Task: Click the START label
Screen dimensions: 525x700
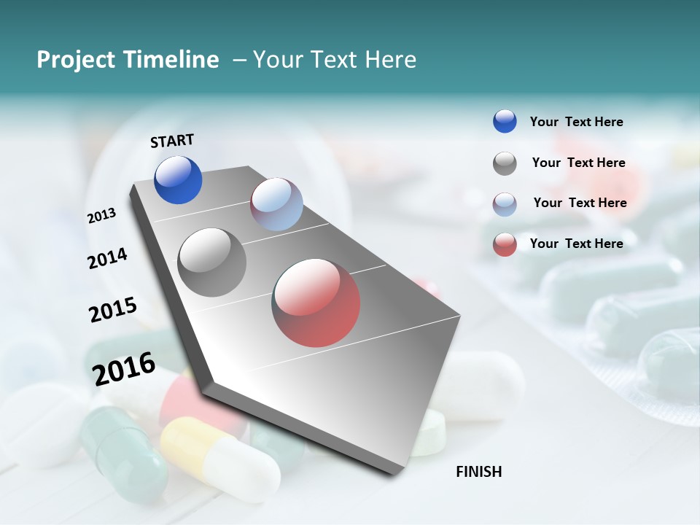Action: pyautogui.click(x=172, y=141)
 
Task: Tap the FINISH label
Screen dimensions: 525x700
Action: pyautogui.click(x=478, y=472)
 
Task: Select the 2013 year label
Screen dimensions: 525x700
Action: pyautogui.click(x=101, y=216)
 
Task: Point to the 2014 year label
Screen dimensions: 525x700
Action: pyautogui.click(x=107, y=258)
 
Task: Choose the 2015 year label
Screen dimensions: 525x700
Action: pyautogui.click(x=113, y=310)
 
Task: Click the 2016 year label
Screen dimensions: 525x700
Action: pyautogui.click(x=124, y=368)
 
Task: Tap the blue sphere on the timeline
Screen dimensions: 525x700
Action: pyautogui.click(x=178, y=180)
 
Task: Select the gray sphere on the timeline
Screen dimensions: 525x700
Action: pyautogui.click(x=212, y=262)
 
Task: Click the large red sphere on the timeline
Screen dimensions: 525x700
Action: pyautogui.click(x=316, y=303)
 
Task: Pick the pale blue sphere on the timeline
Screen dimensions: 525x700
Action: pyautogui.click(x=276, y=204)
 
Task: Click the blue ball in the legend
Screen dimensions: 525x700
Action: pyautogui.click(x=505, y=122)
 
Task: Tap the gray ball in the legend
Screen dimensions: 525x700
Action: pyautogui.click(x=505, y=163)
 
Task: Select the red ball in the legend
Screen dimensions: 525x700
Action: pyautogui.click(x=505, y=244)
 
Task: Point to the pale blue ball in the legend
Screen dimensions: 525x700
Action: pyautogui.click(x=505, y=204)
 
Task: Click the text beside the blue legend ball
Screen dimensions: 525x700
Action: pyautogui.click(x=576, y=122)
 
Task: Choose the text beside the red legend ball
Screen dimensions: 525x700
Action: pyautogui.click(x=576, y=244)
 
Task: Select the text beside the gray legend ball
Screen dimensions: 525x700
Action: pyautogui.click(x=578, y=163)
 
